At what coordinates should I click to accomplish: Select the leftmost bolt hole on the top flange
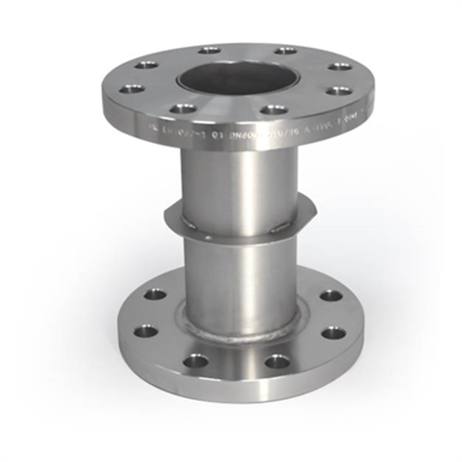tap(132, 89)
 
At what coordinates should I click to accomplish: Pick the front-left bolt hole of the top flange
tap(183, 108)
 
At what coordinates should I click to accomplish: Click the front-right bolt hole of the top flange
tap(274, 109)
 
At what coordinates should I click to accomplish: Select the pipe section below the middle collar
tap(240, 274)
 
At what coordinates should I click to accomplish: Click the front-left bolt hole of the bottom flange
tap(196, 359)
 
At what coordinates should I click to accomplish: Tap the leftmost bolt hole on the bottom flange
tap(146, 332)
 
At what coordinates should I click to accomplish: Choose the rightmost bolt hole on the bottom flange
tap(333, 333)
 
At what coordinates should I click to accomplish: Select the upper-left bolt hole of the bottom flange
tap(155, 294)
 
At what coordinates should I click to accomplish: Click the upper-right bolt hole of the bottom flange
tap(331, 295)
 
